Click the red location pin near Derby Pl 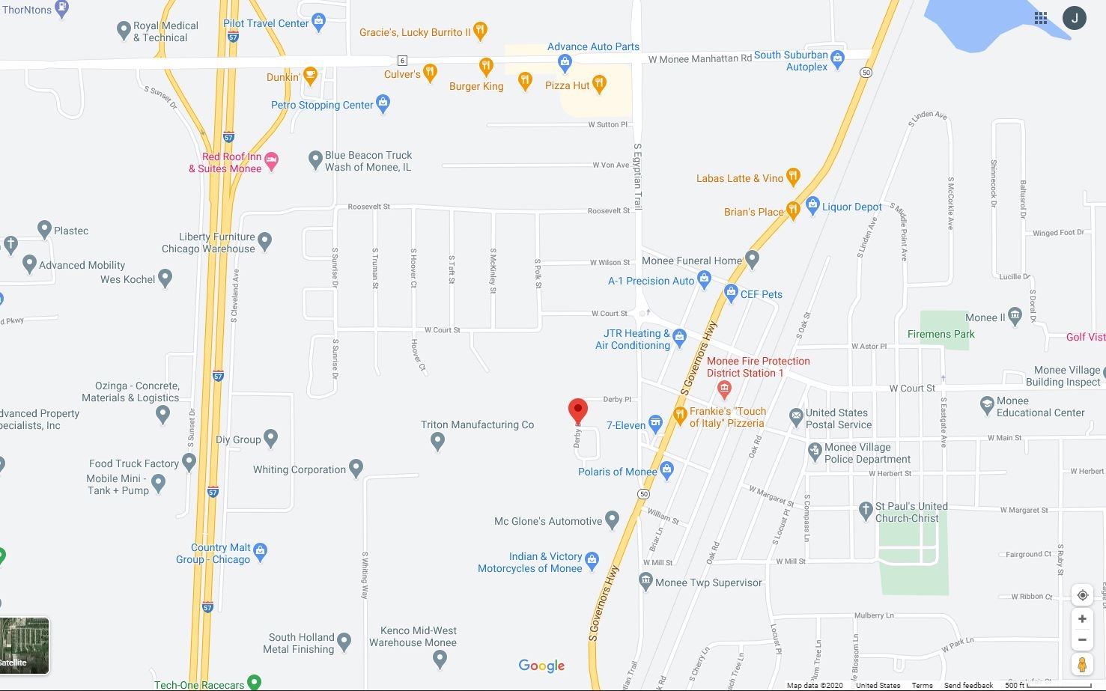tap(577, 410)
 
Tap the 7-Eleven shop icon tap(655, 423)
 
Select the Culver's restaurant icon tap(430, 72)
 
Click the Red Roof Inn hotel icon tap(272, 161)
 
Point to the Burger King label tap(476, 86)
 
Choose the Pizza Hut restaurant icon tap(599, 83)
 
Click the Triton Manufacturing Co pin tap(438, 442)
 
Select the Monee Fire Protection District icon tap(723, 388)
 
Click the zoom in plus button tap(1082, 618)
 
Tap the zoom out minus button tap(1082, 639)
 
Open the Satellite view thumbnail tap(24, 645)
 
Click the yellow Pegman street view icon tap(1082, 664)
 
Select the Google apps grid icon tap(1041, 18)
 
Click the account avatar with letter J tap(1075, 18)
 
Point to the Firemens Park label tap(941, 334)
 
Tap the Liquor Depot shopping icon tap(812, 204)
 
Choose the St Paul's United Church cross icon tap(866, 510)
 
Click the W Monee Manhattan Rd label tap(699, 58)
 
